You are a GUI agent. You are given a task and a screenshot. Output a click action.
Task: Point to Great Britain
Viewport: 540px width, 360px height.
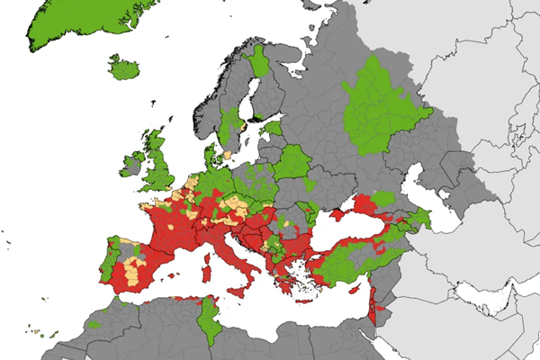(161, 162)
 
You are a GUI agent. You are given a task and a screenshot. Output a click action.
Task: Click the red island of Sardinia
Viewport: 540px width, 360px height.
(206, 269)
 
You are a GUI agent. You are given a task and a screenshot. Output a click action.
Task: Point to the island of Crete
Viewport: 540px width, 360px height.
(305, 298)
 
